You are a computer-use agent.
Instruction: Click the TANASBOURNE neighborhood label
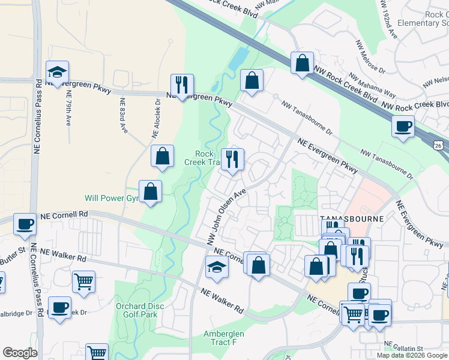tap(346, 218)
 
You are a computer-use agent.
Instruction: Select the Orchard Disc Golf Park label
tap(136, 310)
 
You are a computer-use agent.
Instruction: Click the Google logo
tap(20, 353)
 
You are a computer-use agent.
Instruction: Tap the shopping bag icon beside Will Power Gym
tap(151, 192)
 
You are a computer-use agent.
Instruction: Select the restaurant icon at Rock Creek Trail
tap(233, 159)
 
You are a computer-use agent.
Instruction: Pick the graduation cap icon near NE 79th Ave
tap(57, 73)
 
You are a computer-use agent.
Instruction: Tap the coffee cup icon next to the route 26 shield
tap(403, 127)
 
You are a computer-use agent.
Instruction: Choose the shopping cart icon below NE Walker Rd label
tap(83, 281)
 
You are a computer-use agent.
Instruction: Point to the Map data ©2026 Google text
tap(411, 355)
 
